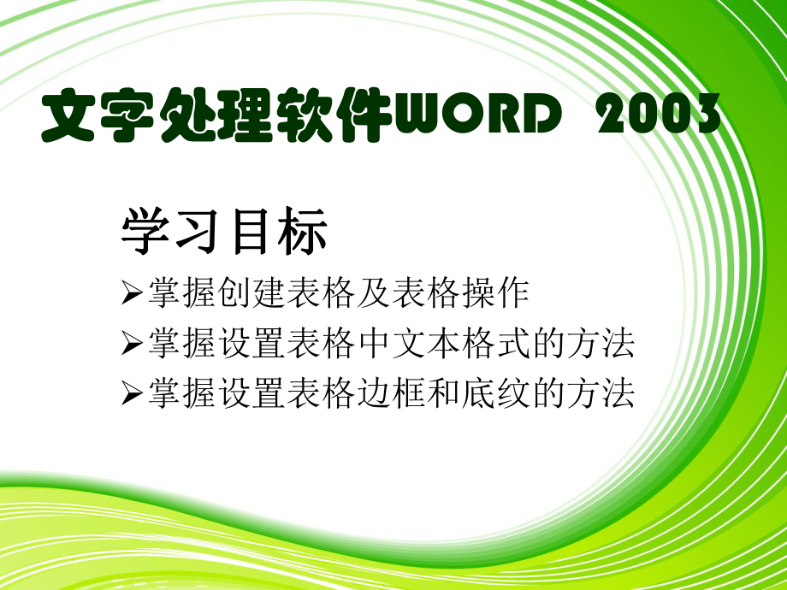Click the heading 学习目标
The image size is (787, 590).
224,232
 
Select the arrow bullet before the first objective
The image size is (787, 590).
132,293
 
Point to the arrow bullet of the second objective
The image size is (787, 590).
132,344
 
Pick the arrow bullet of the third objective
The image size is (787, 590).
132,393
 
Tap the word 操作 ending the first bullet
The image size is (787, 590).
503,293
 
